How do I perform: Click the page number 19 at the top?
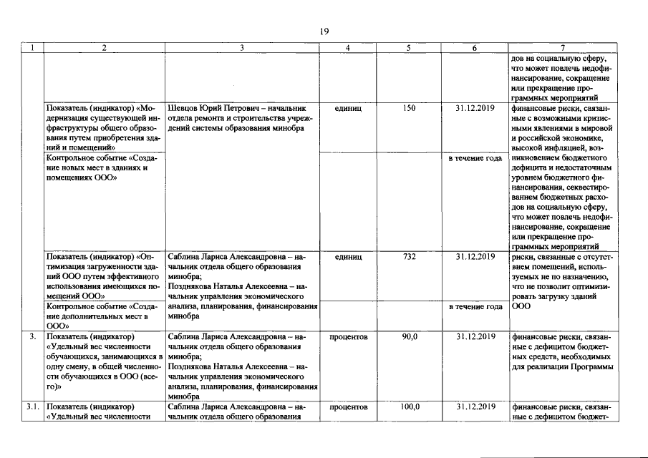324,31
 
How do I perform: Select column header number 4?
347,48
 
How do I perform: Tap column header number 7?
561,48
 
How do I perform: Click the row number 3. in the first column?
33,336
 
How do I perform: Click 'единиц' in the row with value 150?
347,108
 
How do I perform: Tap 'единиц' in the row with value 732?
347,256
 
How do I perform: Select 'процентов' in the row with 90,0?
347,336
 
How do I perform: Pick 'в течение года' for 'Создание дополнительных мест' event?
475,306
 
